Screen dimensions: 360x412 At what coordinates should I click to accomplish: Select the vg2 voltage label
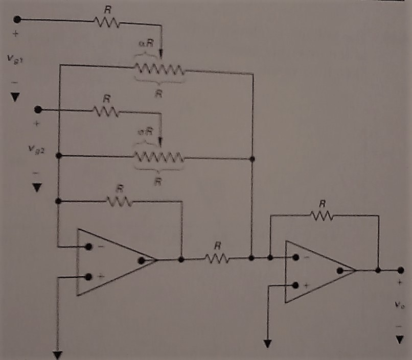pyautogui.click(x=36, y=150)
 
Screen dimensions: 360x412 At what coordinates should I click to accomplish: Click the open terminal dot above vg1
pyautogui.click(x=16, y=19)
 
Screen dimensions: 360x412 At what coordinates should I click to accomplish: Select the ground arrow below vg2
pyautogui.click(x=36, y=188)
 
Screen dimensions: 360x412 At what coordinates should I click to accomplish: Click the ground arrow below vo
pyautogui.click(x=398, y=339)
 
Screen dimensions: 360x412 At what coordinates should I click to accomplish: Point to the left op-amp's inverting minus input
pyautogui.click(x=89, y=246)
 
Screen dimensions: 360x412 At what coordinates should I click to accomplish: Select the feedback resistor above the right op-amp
pyautogui.click(x=322, y=216)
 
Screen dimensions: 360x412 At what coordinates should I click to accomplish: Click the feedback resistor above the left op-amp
pyautogui.click(x=120, y=201)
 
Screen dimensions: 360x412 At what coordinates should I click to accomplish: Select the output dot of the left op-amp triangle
pyautogui.click(x=141, y=259)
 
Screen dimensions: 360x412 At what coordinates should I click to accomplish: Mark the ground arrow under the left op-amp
pyautogui.click(x=58, y=354)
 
